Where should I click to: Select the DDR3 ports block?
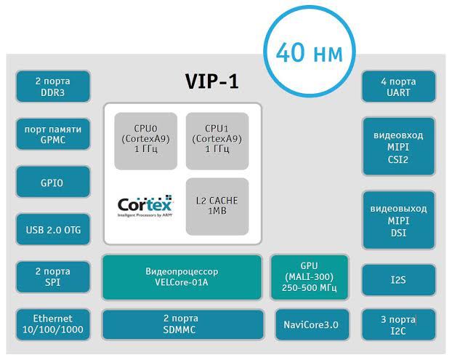tap(52, 87)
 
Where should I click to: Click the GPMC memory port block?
tap(52, 134)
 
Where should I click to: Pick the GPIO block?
tap(52, 183)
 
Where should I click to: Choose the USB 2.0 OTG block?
tap(52, 231)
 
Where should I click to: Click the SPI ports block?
tap(52, 277)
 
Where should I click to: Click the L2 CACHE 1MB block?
tap(217, 206)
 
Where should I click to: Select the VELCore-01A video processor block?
tap(181, 277)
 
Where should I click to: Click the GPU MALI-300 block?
tap(310, 276)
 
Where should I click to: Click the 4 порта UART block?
tap(399, 87)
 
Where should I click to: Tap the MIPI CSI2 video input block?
tap(399, 146)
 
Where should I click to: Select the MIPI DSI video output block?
tap(399, 220)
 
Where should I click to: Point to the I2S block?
tap(399, 279)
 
